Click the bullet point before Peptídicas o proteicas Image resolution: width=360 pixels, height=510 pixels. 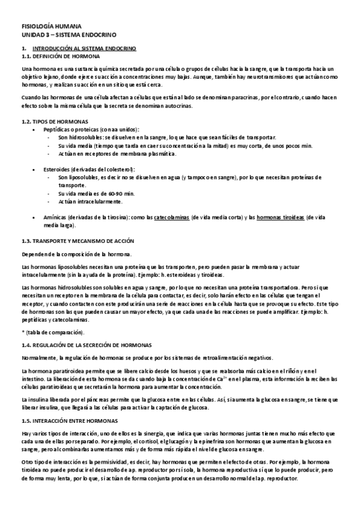[x=39, y=129]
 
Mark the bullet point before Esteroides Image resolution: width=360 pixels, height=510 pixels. [x=39, y=170]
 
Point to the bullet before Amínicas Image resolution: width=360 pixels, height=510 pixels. [x=39, y=218]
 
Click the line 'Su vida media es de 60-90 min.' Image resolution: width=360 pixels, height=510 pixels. [x=96, y=194]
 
